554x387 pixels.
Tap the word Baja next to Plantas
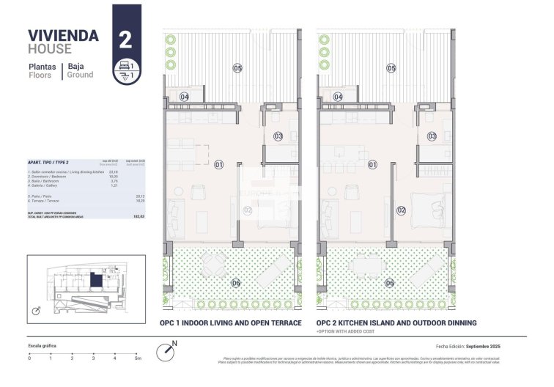(x=76, y=66)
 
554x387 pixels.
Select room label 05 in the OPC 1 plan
(x=237, y=68)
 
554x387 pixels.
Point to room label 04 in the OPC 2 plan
(x=339, y=97)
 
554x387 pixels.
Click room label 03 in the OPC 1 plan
(x=278, y=136)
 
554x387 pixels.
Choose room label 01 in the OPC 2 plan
(x=372, y=165)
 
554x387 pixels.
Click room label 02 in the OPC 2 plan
(x=402, y=210)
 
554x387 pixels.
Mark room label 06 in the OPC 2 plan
(x=390, y=283)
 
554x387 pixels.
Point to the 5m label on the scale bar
(x=138, y=358)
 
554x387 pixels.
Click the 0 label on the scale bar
(x=29, y=358)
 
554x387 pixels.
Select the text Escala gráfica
(x=43, y=345)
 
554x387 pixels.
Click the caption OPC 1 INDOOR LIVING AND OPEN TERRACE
(x=230, y=323)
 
